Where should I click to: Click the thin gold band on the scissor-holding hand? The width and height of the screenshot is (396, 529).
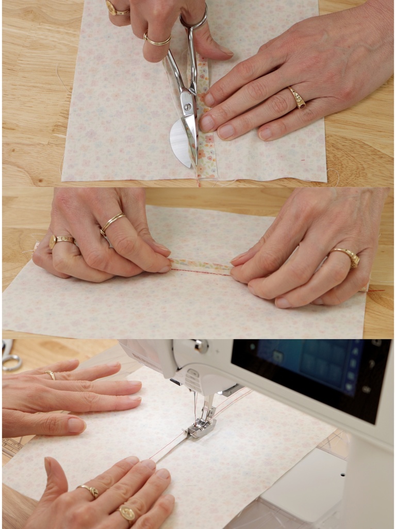click(157, 40)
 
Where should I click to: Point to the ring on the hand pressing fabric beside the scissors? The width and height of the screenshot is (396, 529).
click(297, 97)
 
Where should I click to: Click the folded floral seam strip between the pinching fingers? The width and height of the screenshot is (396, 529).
click(201, 267)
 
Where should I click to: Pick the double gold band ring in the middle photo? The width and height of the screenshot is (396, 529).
click(112, 222)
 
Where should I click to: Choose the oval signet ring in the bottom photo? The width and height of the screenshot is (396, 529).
click(127, 512)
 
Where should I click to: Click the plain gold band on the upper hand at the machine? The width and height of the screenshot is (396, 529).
click(51, 375)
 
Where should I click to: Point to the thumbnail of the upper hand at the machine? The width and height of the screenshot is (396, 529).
click(76, 425)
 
